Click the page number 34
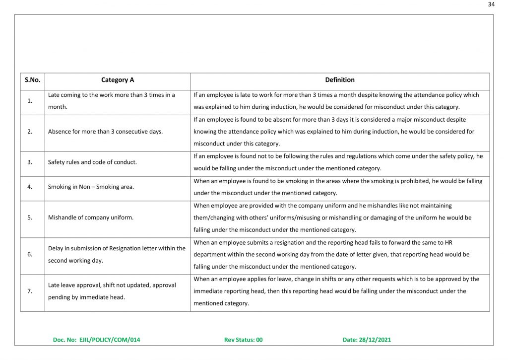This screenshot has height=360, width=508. coord(491,4)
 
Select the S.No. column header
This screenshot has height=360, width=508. coord(32,80)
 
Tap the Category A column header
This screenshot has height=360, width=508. coord(118,80)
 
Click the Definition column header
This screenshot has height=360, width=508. coord(339,80)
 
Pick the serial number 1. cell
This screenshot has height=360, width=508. coord(30,101)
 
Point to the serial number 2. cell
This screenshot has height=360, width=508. coord(30,132)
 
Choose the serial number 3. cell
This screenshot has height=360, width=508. coord(30,162)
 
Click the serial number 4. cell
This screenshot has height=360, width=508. coord(30,187)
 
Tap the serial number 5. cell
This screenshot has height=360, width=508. coord(30,217)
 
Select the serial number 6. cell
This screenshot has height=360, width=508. coord(30,254)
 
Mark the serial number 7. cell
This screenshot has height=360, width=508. coord(30,291)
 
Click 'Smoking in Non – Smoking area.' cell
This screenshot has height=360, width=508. coord(87,187)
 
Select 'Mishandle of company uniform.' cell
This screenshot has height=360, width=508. coord(91,217)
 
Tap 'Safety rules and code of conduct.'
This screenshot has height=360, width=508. coord(92,162)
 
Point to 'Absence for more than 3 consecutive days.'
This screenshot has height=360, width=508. coord(105,132)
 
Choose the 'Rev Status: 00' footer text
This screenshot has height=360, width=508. coord(243,340)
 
